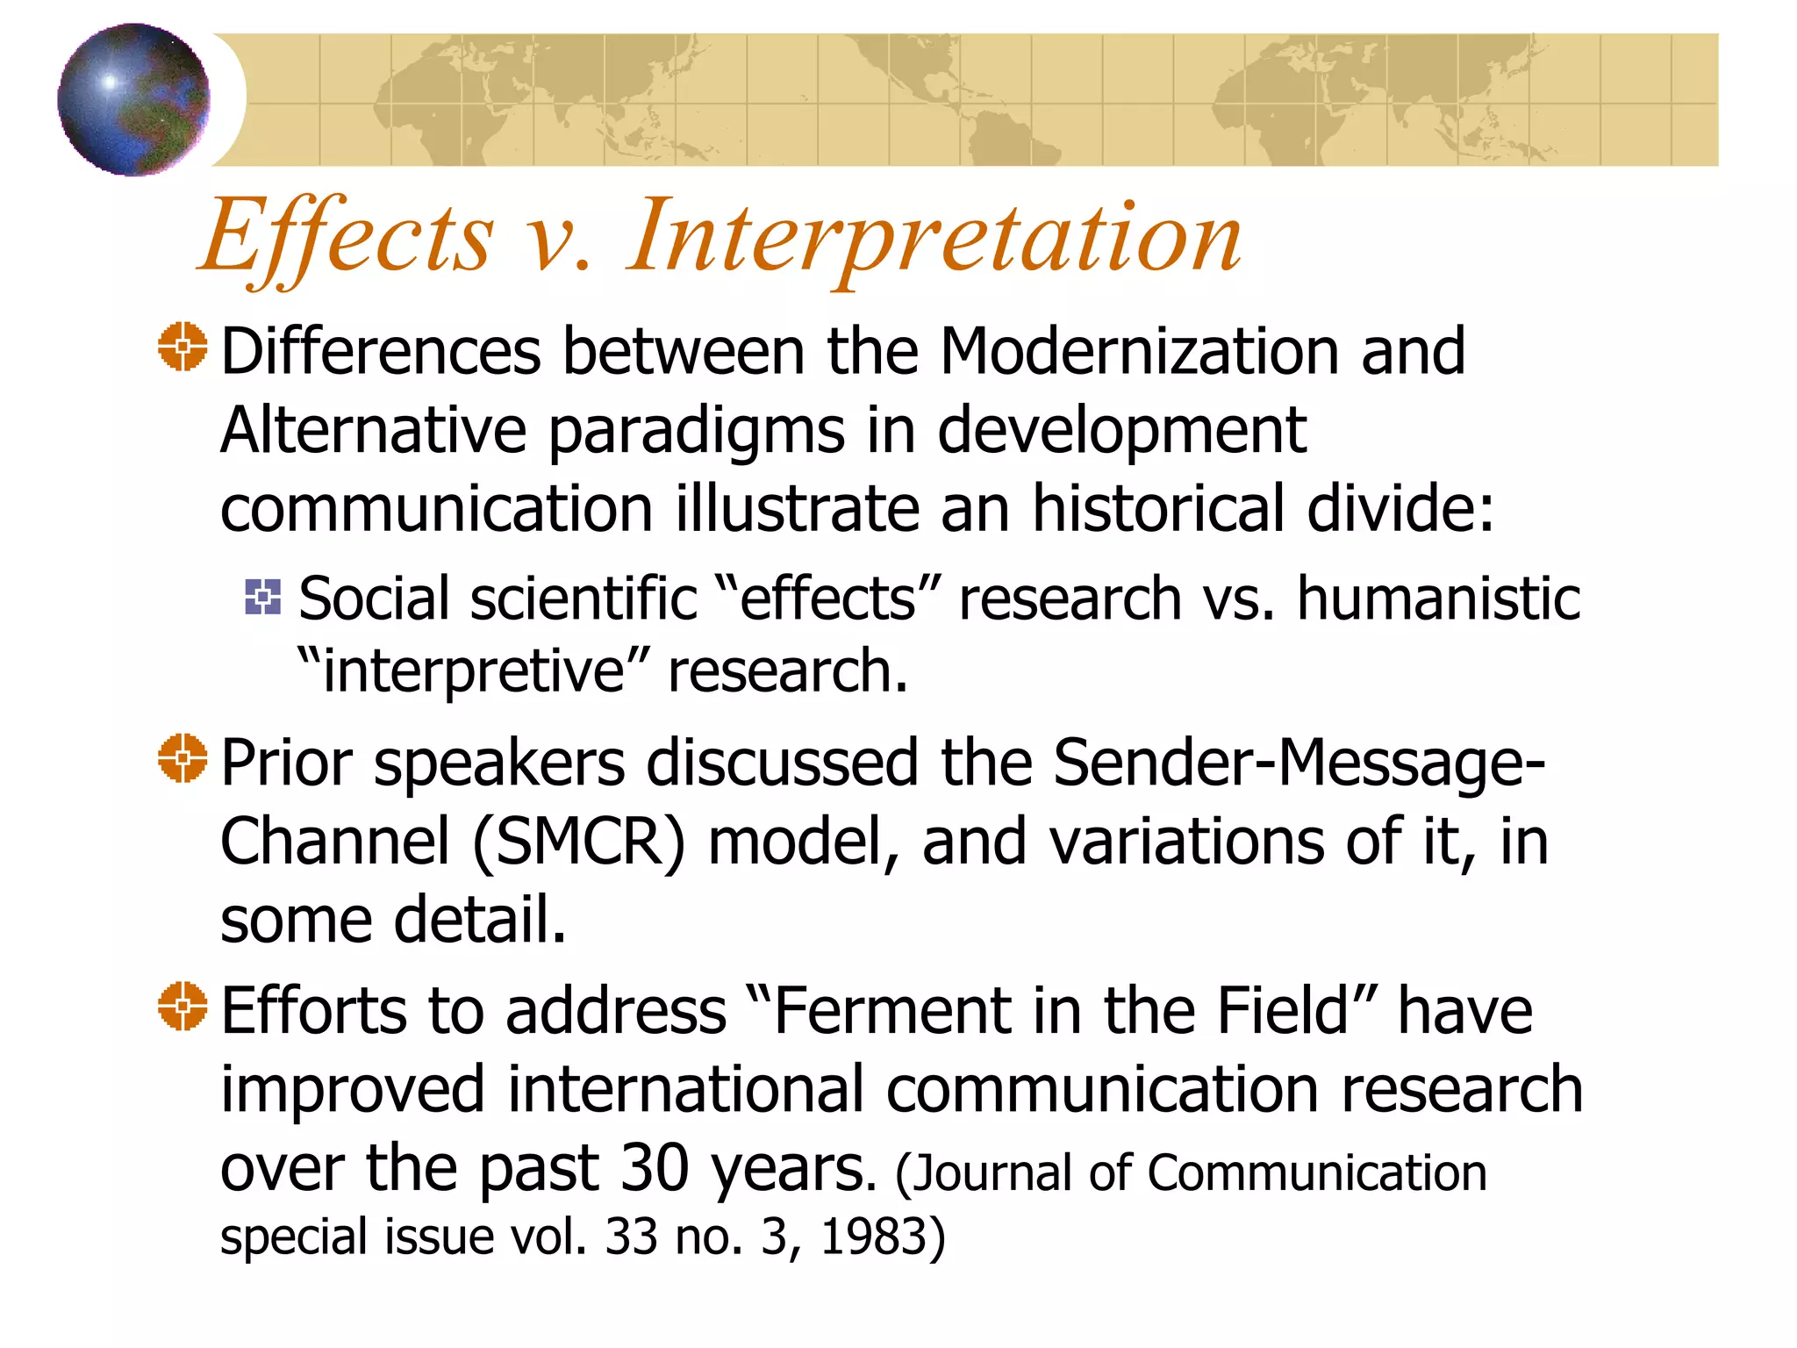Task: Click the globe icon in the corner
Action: [x=133, y=99]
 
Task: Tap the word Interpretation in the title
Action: [x=934, y=237]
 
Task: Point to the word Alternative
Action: [x=373, y=431]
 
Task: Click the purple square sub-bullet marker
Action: [x=263, y=597]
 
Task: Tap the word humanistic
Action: [x=1438, y=599]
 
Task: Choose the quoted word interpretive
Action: [x=474, y=671]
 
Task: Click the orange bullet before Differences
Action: [x=183, y=348]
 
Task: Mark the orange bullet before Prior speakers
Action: [x=183, y=758]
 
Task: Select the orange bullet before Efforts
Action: [x=183, y=1006]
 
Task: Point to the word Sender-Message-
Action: [x=1299, y=762]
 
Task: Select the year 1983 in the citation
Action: [x=873, y=1237]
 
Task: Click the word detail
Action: [x=481, y=920]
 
